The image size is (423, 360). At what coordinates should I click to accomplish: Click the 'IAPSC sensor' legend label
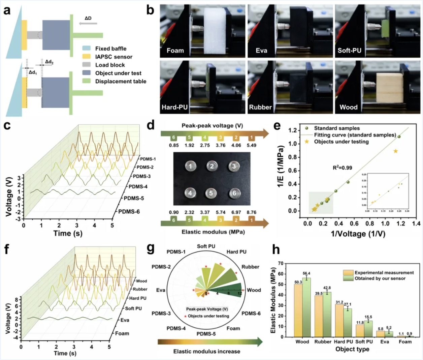coord(113,57)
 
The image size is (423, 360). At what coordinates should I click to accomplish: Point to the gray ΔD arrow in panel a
coord(88,24)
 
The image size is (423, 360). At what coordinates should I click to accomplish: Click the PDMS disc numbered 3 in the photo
coord(234,166)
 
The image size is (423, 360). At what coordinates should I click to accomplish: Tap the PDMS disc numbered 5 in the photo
coord(211,193)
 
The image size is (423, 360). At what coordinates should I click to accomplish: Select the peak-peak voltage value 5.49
coord(251,145)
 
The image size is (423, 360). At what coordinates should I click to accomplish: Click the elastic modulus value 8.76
coord(251,212)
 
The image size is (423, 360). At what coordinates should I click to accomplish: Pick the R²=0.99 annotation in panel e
coord(342,168)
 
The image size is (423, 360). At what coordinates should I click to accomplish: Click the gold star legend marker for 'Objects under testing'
coord(306,142)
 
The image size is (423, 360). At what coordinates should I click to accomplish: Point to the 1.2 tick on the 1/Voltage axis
coord(401,223)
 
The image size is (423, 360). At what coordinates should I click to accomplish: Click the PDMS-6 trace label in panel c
coord(129,212)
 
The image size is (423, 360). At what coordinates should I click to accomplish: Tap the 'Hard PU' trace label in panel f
coord(138,298)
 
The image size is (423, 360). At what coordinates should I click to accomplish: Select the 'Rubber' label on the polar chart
coord(250,267)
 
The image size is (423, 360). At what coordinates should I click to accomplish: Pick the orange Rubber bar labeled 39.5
coord(319,316)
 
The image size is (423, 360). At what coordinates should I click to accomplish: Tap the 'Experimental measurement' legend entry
coord(384,272)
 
